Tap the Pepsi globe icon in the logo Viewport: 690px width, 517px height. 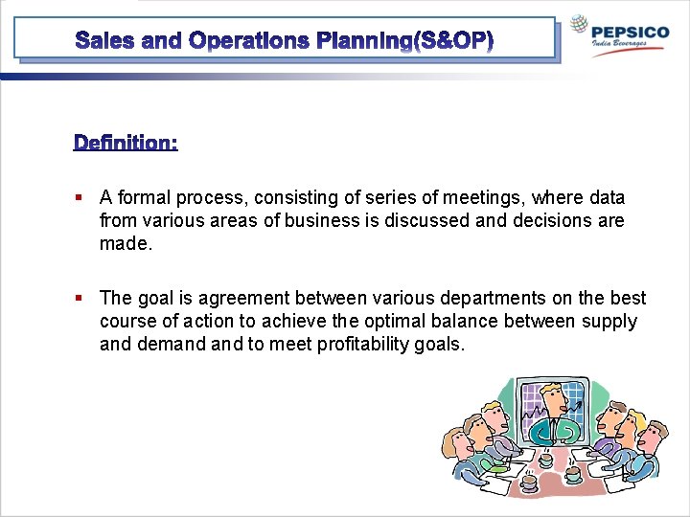click(x=579, y=26)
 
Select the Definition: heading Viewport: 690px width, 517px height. click(x=126, y=143)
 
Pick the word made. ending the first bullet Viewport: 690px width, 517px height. click(x=126, y=244)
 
